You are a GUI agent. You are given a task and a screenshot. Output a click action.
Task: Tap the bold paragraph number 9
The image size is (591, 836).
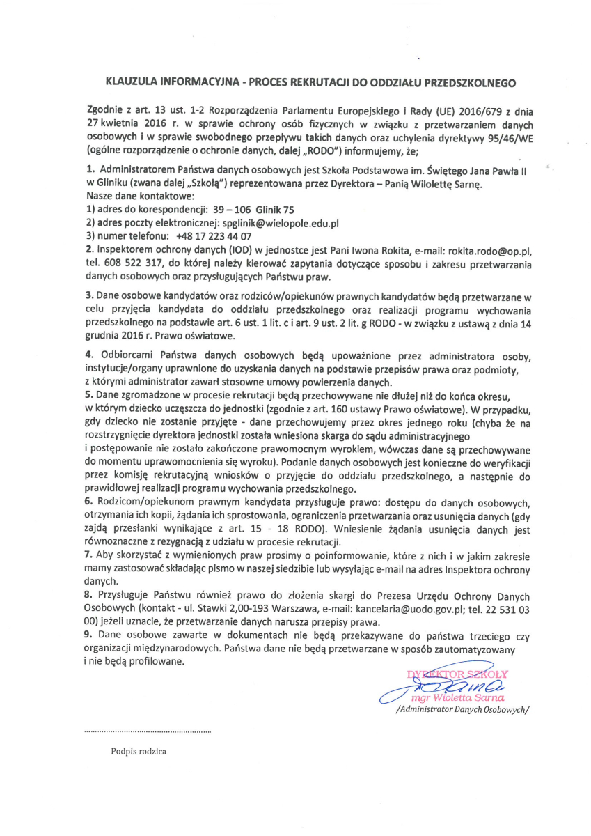pyautogui.click(x=88, y=635)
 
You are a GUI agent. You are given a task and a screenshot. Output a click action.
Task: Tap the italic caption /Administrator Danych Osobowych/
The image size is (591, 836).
pyautogui.click(x=462, y=710)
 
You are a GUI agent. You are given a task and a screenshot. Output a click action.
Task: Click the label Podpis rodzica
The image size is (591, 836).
pyautogui.click(x=139, y=752)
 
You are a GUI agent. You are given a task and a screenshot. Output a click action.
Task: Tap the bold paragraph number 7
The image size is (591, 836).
pyautogui.click(x=88, y=557)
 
